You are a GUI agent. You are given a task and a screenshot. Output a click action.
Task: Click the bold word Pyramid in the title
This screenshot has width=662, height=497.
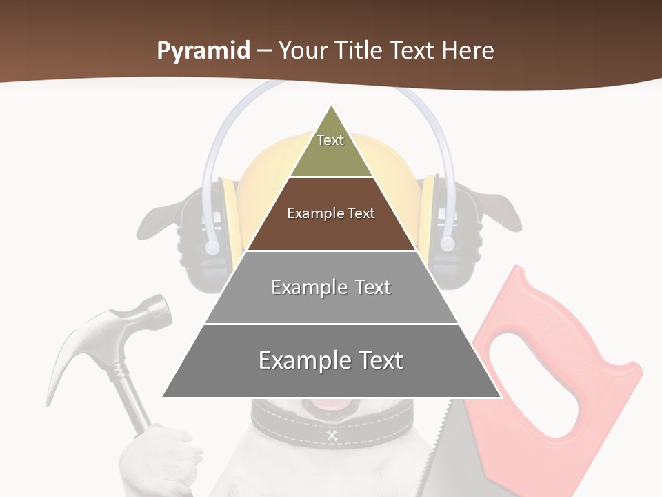203,51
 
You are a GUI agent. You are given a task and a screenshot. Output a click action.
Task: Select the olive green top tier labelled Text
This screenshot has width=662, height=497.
331,148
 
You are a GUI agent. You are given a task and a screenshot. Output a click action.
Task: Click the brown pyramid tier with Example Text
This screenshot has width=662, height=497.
331,214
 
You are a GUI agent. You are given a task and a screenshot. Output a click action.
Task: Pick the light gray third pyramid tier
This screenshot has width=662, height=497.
331,288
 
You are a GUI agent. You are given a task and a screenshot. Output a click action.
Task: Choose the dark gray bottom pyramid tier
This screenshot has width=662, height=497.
331,361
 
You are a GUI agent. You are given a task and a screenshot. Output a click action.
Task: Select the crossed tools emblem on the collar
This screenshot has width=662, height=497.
332,435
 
